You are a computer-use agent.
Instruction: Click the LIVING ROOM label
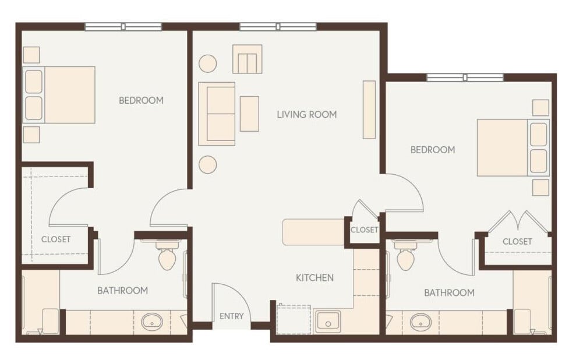pos(306,115)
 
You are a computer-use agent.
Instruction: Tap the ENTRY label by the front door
pos(231,316)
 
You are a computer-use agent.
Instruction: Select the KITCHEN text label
pos(314,278)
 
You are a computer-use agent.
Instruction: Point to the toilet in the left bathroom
pos(168,256)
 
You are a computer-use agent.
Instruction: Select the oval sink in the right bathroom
pos(420,322)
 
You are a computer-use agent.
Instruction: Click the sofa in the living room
pos(217,114)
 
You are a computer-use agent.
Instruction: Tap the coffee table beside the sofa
pos(249,114)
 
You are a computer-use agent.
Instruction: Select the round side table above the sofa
pos(208,63)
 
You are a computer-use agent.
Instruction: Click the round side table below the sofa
pos(207,165)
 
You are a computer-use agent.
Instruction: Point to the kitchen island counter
pos(313,232)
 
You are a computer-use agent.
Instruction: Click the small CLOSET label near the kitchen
pos(365,230)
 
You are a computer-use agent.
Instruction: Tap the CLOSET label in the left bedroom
pos(56,239)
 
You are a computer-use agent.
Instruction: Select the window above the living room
pos(278,26)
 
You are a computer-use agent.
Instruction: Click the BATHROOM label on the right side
pos(449,292)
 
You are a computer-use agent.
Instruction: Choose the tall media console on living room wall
pos(369,110)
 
